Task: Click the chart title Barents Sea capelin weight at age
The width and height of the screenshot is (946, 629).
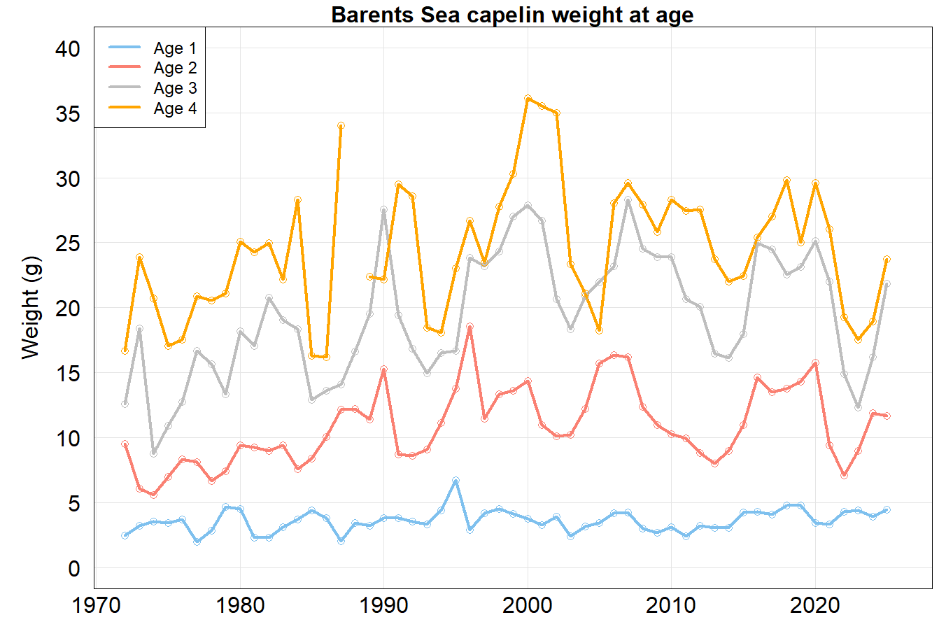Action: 512,15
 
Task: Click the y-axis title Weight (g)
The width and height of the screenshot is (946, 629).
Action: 31,308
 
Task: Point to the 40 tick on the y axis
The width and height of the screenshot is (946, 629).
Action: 68,49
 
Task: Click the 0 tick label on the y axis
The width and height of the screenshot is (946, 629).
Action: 74,569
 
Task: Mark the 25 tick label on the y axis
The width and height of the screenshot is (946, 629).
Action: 68,243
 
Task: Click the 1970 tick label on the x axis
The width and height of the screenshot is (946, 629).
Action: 97,605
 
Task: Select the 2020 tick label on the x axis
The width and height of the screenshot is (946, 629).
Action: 815,605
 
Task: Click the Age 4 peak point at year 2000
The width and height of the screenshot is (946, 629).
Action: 528,99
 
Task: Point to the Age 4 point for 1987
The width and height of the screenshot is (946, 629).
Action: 341,126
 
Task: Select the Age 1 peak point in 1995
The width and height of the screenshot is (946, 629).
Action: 456,481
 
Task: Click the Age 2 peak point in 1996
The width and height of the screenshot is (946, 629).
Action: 470,327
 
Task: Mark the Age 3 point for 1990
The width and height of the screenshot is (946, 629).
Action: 384,210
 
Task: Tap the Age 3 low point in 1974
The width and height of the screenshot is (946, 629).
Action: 154,453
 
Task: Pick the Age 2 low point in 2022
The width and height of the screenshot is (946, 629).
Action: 844,475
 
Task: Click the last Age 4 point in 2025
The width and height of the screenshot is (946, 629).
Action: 887,260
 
